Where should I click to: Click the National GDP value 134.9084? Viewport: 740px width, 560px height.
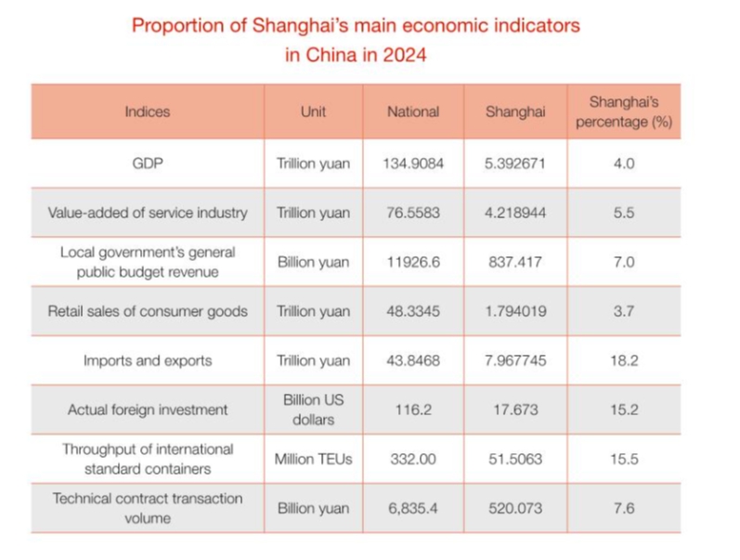[x=413, y=163]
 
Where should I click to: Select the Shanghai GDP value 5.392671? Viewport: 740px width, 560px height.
[x=514, y=163]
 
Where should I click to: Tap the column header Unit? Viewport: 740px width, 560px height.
[x=313, y=111]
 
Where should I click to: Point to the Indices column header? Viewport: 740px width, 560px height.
[x=148, y=111]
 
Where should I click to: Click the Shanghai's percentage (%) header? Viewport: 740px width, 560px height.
[x=623, y=111]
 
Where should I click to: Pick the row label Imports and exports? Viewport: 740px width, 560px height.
[x=148, y=360]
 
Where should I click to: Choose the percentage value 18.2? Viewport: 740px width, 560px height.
[x=623, y=360]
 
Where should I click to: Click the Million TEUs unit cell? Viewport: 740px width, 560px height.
[x=313, y=459]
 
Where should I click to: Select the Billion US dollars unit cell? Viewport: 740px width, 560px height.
[x=313, y=410]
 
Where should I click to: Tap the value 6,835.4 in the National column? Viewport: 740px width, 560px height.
[x=413, y=508]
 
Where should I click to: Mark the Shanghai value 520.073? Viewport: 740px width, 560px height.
[x=514, y=508]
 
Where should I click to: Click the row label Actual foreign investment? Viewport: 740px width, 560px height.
[x=148, y=410]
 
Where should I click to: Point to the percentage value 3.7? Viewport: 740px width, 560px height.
[x=623, y=311]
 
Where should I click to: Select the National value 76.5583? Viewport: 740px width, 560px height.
[x=413, y=213]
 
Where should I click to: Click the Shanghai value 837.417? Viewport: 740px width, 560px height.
[x=514, y=262]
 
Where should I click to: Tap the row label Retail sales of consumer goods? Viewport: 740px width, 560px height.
[x=148, y=311]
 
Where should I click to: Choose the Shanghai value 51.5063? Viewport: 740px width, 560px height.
[x=514, y=459]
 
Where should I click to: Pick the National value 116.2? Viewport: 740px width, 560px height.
[x=413, y=410]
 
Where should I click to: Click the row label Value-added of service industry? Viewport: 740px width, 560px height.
[x=148, y=213]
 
